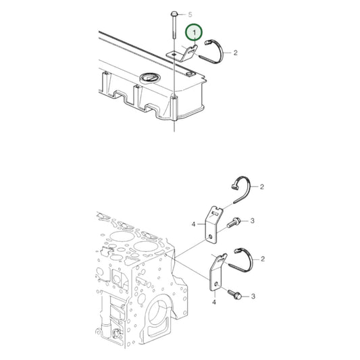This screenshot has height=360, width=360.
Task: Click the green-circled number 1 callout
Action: click(195, 32)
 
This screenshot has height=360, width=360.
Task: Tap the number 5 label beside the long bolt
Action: click(190, 14)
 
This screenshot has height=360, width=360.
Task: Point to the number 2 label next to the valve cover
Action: click(235, 51)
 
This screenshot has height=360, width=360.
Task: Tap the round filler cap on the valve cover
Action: click(148, 80)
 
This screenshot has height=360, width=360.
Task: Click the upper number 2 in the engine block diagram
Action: click(261, 186)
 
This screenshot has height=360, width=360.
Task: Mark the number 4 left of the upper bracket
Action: click(193, 224)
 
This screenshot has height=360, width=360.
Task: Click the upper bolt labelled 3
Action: click(235, 221)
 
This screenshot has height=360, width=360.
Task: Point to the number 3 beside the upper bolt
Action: click(252, 221)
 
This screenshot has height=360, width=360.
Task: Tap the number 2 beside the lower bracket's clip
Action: click(261, 257)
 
